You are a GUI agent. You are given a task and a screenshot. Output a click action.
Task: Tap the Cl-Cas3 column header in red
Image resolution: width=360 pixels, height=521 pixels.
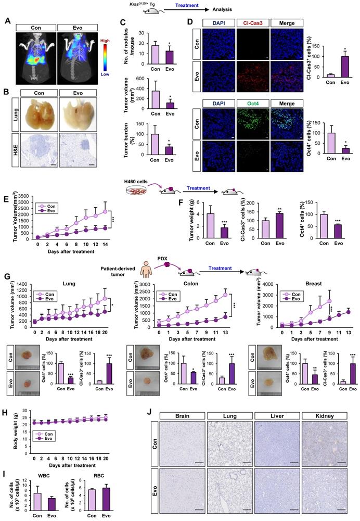pos(252,22)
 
